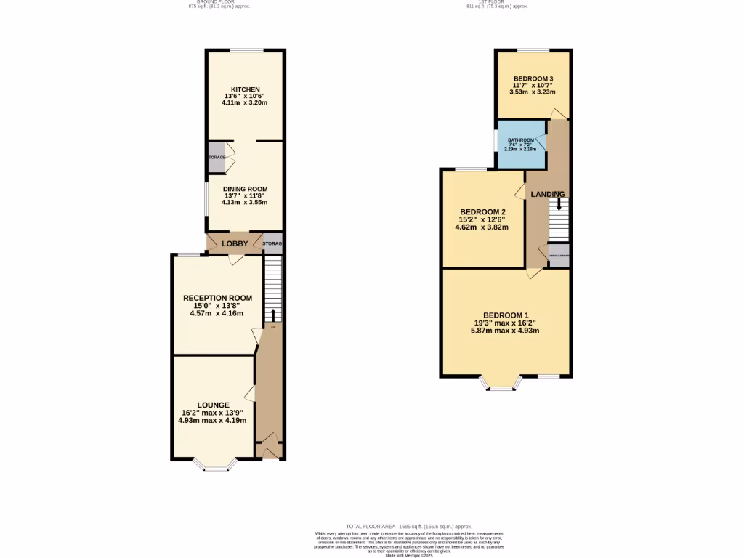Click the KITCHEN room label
click(x=245, y=89)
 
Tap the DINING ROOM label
click(x=245, y=189)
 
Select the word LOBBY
click(x=235, y=244)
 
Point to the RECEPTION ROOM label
click(x=217, y=298)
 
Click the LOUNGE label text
click(x=213, y=405)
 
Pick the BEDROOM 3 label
click(x=533, y=78)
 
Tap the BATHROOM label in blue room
click(x=521, y=139)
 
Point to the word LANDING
click(x=548, y=194)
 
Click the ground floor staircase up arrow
click(x=272, y=314)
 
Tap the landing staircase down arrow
click(x=559, y=205)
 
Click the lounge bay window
click(x=216, y=466)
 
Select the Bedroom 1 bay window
click(x=501, y=384)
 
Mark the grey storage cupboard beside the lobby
click(x=272, y=244)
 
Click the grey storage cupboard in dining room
click(x=216, y=158)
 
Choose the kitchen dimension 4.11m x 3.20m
click(x=245, y=103)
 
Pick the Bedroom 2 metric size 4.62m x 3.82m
click(x=482, y=227)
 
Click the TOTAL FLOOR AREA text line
click(x=410, y=526)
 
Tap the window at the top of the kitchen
click(x=247, y=49)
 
